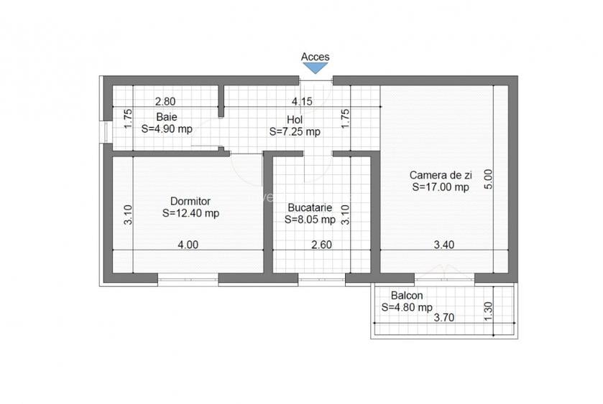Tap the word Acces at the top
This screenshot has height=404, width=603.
tap(315, 57)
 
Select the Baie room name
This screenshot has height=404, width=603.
tap(167, 117)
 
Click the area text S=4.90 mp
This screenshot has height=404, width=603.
tap(167, 129)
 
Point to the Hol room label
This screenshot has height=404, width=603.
tap(295, 120)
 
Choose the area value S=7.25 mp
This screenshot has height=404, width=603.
tap(295, 132)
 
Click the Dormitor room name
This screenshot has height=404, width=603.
tap(190, 201)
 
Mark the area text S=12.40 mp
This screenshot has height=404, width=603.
tap(190, 213)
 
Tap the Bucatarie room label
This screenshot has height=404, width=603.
tap(310, 207)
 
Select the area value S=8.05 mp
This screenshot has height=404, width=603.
tap(310, 219)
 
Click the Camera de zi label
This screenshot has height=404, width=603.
tap(440, 174)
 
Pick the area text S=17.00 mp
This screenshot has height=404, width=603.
tap(440, 187)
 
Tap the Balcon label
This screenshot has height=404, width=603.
tap(407, 295)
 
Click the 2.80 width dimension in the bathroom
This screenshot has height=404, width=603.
tap(165, 103)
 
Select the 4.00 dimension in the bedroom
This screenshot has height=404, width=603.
tap(188, 245)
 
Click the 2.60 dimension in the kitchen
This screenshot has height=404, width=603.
tap(321, 245)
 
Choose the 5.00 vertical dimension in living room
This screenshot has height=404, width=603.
tap(489, 178)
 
